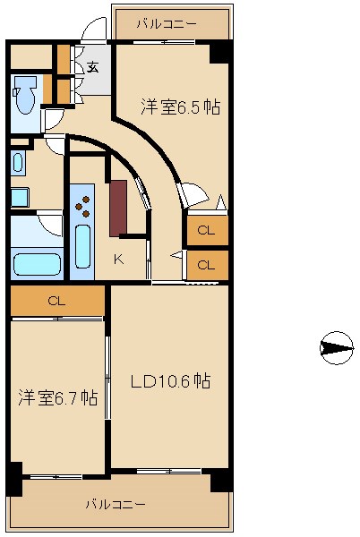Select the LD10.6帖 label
point(170,381)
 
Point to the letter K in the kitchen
point(118,260)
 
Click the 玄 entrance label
point(93,65)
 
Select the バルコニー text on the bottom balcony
point(115,504)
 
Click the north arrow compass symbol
point(336,347)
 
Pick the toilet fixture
point(26,96)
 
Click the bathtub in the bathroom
point(37,264)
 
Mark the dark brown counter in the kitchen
point(118,208)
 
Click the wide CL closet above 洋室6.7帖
point(56,301)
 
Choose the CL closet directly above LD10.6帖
point(206,265)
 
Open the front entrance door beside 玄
point(93,32)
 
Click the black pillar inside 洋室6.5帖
point(219,52)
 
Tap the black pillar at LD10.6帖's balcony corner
point(220,481)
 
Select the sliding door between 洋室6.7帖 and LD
point(107,377)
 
